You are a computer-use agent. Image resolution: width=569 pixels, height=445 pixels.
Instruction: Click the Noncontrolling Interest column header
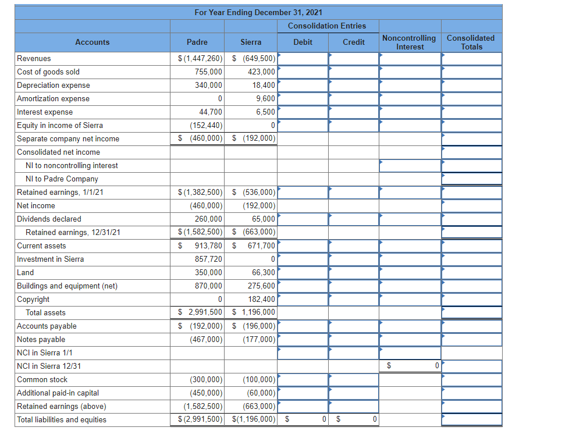pos(409,42)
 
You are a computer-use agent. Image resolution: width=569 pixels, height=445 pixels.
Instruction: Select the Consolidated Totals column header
pos(471,42)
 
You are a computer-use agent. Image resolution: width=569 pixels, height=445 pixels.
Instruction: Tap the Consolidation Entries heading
pos(327,26)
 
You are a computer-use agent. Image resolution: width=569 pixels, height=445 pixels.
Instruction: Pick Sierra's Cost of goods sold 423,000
pos(261,72)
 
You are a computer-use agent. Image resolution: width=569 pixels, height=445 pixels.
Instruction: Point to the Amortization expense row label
pos(53,99)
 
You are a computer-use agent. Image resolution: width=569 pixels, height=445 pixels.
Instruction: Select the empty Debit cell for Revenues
pos(303,59)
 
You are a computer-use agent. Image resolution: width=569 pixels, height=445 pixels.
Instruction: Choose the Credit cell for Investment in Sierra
pos(354,259)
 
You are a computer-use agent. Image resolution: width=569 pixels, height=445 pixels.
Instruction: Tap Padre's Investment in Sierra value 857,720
pos(208,259)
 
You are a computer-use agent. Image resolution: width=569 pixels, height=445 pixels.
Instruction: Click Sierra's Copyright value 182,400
pos(261,299)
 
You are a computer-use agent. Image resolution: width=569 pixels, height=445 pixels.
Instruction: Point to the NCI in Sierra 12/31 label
pos(49,366)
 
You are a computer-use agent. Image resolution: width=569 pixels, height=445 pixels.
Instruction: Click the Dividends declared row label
pos(49,219)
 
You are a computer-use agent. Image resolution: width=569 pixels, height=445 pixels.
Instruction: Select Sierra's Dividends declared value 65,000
pos(264,219)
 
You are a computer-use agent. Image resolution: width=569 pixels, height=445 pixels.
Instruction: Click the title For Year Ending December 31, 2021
pos(258,12)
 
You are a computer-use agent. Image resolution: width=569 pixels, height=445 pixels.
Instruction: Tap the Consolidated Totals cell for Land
pos(472,273)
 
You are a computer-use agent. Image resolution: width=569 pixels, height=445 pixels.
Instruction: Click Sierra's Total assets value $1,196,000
pos(254,312)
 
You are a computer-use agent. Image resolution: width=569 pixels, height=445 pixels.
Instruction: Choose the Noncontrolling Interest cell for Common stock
pos(410,380)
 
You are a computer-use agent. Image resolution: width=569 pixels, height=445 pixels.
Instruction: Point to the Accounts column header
pos(92,42)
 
